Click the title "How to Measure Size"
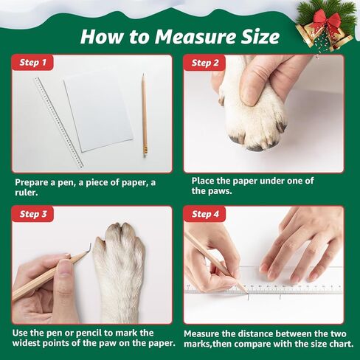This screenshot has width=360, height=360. click(x=179, y=36)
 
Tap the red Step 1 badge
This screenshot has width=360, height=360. click(x=33, y=63)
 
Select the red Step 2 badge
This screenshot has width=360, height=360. click(x=205, y=63)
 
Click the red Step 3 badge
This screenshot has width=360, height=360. click(x=33, y=214)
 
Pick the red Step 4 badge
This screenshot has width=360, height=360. click(x=205, y=214)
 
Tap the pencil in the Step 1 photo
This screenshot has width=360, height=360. click(x=144, y=114)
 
